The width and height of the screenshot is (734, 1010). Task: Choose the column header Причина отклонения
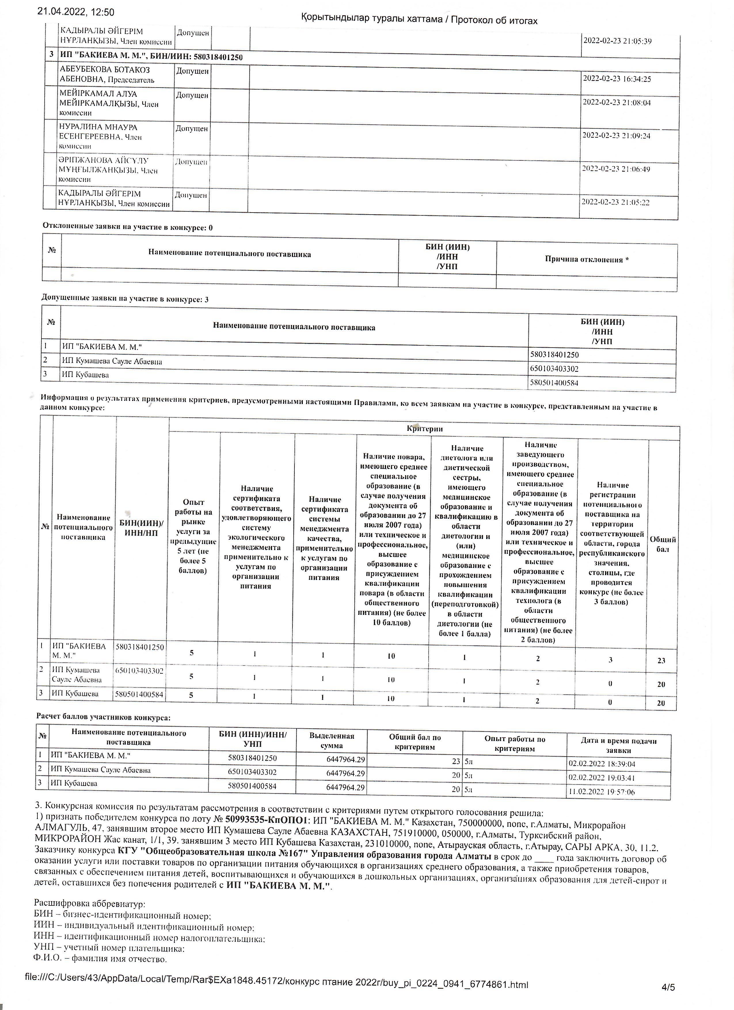[x=587, y=259]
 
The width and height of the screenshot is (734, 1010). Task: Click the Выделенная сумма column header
[x=332, y=740]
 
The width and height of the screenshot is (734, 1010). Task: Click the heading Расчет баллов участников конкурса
[x=103, y=717]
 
